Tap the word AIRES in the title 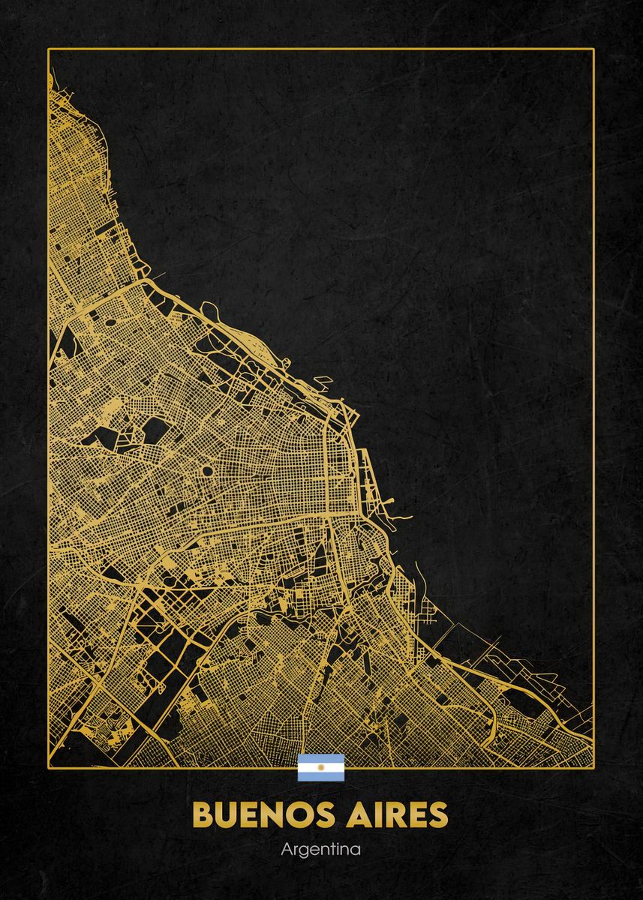[397, 814]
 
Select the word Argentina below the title [321, 850]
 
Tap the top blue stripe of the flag [321, 758]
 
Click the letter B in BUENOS [203, 814]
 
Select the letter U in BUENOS [227, 814]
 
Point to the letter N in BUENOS [273, 814]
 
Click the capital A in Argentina [286, 850]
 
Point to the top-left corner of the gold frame [49, 49]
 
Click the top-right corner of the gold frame [593, 49]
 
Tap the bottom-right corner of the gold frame [593, 766]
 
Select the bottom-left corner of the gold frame [49, 766]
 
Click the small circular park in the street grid [206, 471]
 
